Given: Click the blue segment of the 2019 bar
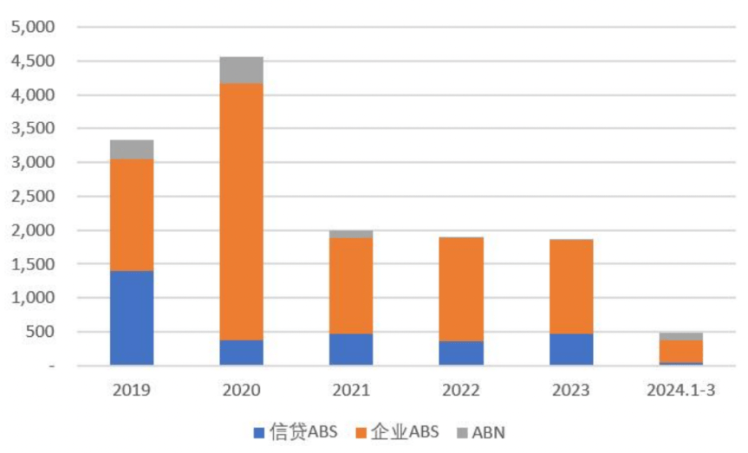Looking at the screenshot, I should coord(132,318).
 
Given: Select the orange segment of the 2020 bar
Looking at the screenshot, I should coord(242,211).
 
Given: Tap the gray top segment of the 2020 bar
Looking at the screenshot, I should coord(242,70).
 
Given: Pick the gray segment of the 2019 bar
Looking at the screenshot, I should coord(132,150).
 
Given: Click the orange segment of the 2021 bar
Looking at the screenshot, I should coord(351,286).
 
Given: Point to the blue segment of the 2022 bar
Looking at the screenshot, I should coord(461,353).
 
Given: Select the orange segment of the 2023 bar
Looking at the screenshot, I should coord(571,287).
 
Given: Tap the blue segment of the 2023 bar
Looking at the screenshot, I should coord(571,349).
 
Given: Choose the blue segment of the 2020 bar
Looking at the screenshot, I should coord(242,352).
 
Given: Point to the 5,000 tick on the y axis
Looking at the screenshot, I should coord(32,28).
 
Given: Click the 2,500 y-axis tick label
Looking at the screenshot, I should coord(32,197).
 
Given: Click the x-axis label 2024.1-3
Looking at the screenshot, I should coord(681,391).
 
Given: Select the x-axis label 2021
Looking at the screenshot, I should coord(351,391).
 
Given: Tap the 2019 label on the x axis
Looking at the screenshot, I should coord(132,391).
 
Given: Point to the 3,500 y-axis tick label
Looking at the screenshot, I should coord(32,129).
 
